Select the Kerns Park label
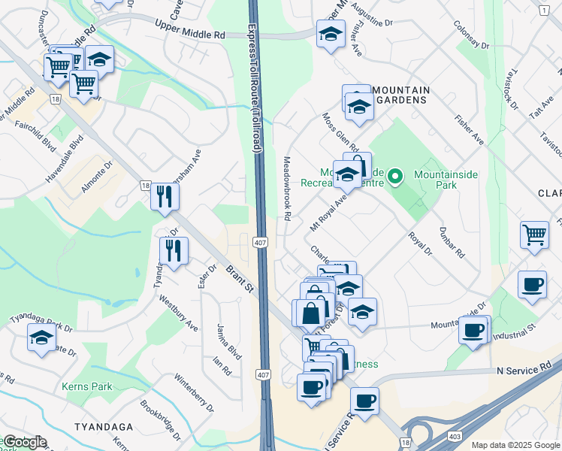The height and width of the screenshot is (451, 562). click(91, 386)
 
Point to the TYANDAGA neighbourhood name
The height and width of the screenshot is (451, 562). click(104, 427)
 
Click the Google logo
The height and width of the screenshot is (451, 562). click(24, 442)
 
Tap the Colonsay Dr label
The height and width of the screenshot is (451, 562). click(471, 36)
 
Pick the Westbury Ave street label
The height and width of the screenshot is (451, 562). click(179, 312)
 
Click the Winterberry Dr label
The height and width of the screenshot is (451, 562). click(194, 390)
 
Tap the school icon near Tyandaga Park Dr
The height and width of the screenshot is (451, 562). click(41, 337)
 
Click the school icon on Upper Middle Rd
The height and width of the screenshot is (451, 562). click(330, 34)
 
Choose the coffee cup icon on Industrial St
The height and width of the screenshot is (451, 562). click(473, 330)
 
